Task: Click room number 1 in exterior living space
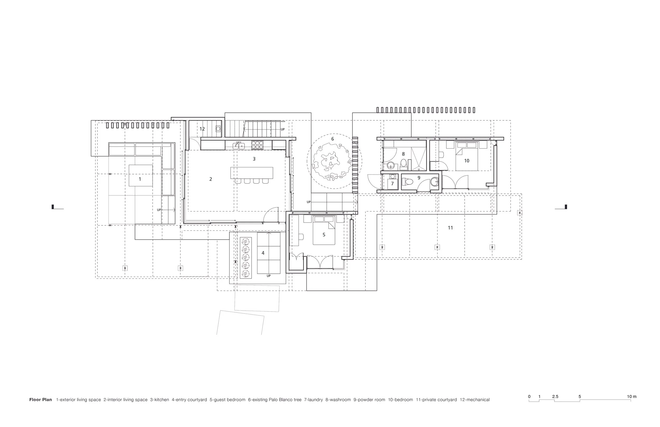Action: click(140, 179)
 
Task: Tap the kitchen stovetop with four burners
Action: click(257, 145)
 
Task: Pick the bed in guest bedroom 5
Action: click(324, 230)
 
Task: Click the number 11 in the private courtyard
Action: click(450, 228)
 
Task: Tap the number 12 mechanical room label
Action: click(202, 129)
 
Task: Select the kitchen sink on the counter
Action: click(238, 145)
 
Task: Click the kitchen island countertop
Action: click(252, 173)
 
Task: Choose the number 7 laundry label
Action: click(392, 184)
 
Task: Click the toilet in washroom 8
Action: click(403, 164)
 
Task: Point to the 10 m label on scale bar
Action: click(632, 396)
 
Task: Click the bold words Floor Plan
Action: click(40, 400)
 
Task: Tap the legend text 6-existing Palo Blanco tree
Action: click(275, 400)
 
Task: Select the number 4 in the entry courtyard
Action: click(263, 253)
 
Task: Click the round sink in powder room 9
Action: click(435, 182)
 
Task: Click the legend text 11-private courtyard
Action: click(436, 400)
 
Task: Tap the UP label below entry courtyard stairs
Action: click(268, 276)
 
